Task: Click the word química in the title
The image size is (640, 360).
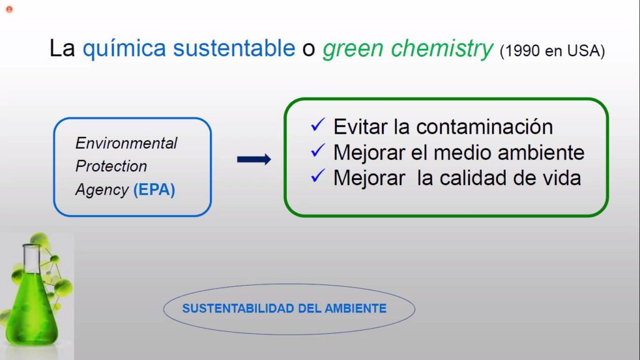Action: click(x=124, y=49)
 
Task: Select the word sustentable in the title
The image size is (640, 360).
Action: click(x=234, y=48)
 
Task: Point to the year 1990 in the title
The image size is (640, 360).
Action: click(x=522, y=51)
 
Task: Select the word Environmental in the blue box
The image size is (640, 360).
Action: click(x=126, y=143)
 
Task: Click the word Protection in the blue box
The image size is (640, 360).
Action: click(x=111, y=166)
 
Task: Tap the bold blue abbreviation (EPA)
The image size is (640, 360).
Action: click(x=154, y=190)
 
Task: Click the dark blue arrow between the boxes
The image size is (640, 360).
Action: click(x=254, y=159)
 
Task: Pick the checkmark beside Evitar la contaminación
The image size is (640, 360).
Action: click(x=318, y=124)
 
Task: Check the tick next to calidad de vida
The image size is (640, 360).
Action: click(x=318, y=176)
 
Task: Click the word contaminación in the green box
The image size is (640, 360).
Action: click(x=484, y=126)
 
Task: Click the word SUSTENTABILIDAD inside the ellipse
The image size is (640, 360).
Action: click(x=238, y=309)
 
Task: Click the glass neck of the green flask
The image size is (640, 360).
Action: click(x=31, y=259)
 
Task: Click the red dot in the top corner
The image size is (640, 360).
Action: click(x=9, y=9)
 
